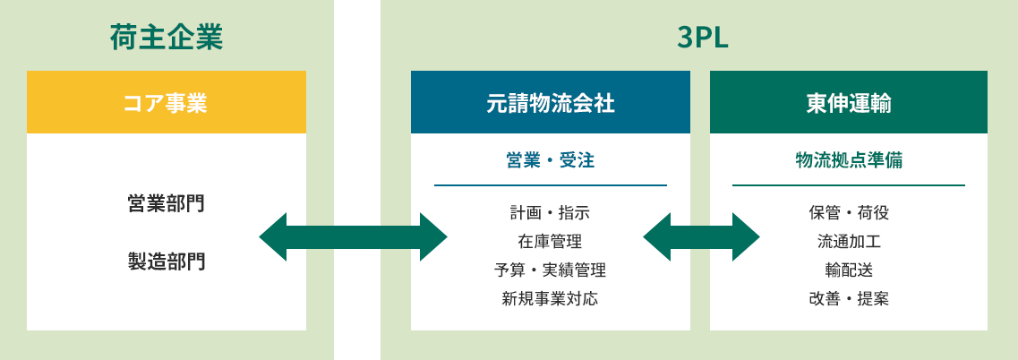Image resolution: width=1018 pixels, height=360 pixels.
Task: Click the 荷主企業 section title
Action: tap(166, 39)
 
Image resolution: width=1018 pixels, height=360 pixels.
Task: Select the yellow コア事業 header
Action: tap(166, 103)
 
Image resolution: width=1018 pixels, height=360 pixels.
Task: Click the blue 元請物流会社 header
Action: tap(550, 103)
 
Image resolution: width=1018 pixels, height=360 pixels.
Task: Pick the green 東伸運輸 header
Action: tap(848, 103)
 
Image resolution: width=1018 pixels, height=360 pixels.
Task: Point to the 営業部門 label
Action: tap(166, 203)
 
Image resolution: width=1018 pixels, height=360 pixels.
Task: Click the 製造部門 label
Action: tap(166, 261)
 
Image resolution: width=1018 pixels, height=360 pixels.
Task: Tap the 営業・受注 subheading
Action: tap(550, 160)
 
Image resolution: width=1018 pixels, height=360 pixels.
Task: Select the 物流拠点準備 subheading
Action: tap(848, 160)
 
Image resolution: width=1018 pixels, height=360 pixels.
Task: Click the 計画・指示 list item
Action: tap(550, 213)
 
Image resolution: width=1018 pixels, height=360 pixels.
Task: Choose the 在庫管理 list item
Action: tap(550, 242)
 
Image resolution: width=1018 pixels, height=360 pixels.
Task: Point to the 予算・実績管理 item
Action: tap(550, 270)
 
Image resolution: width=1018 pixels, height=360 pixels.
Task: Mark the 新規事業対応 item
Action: tap(550, 299)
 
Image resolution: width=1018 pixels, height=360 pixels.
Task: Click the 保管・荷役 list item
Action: tap(848, 213)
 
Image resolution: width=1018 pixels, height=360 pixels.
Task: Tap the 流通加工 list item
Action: tap(848, 242)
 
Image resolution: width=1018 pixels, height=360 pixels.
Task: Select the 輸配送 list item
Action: tap(848, 270)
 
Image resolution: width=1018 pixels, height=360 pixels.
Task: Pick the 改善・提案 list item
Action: tap(848, 299)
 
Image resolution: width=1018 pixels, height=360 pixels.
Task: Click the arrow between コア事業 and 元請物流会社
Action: tap(353, 237)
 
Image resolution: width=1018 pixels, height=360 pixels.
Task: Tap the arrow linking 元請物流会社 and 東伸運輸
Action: tap(701, 237)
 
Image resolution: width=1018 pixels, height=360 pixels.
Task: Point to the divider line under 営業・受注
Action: tap(550, 185)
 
